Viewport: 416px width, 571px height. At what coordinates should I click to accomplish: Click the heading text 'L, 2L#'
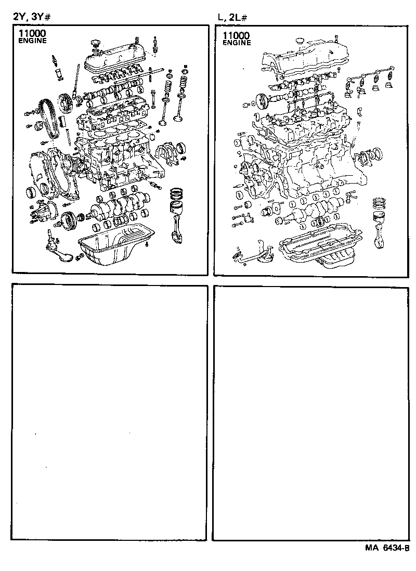pyautogui.click(x=232, y=17)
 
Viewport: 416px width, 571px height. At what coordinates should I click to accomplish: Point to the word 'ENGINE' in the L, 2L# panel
pyautogui.click(x=237, y=43)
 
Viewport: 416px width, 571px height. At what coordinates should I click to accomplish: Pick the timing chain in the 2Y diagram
pyautogui.click(x=48, y=118)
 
